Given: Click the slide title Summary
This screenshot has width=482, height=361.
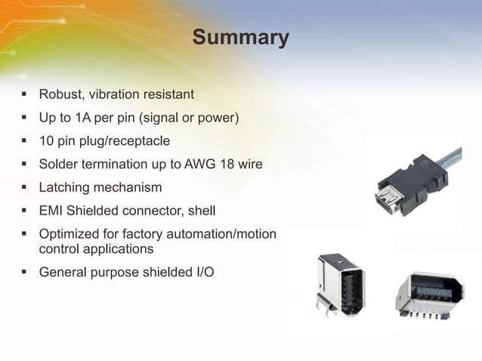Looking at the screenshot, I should [x=240, y=37].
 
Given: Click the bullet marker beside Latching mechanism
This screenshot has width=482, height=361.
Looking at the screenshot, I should [x=23, y=187].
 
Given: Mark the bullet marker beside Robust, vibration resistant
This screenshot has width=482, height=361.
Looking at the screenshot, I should [x=23, y=94].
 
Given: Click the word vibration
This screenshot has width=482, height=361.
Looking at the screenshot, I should [x=119, y=94].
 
